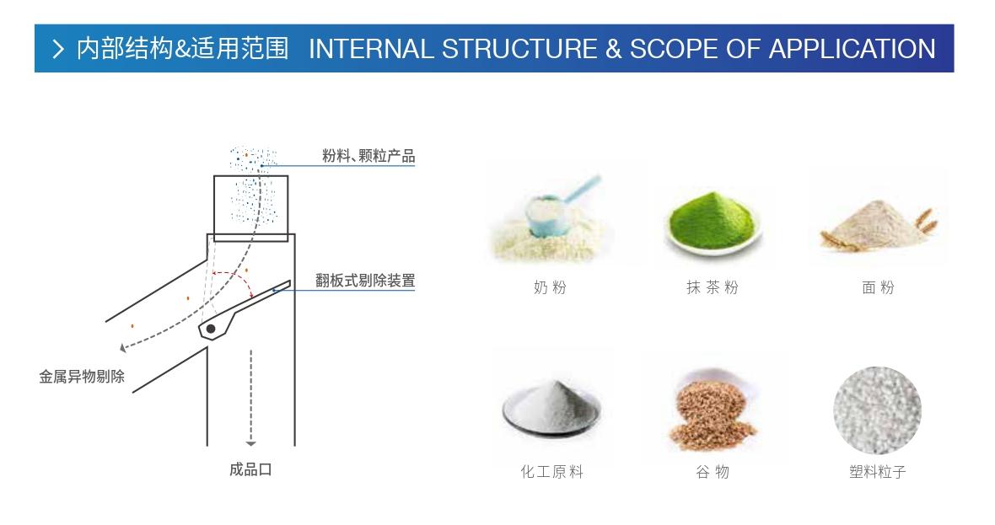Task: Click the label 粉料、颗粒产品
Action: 368,157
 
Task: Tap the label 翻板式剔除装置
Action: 365,281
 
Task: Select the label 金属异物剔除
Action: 82,377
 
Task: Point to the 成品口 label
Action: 250,469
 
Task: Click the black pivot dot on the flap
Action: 211,328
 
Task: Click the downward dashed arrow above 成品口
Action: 250,396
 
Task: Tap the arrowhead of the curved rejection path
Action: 123,346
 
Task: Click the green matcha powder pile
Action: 713,221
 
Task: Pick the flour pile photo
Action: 877,222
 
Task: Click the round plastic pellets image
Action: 877,410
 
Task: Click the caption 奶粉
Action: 550,288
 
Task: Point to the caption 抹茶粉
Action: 713,288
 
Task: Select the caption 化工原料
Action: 551,472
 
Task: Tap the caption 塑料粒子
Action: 877,472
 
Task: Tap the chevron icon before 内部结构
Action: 58,50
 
